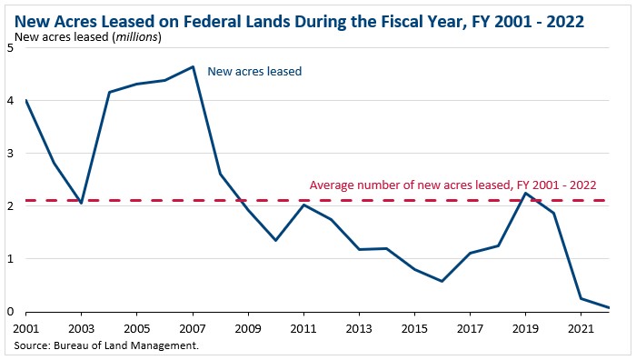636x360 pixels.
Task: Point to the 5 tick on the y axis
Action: tap(9, 48)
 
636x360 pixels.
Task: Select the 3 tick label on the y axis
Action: tap(9, 154)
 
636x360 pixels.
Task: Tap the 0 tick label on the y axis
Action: tap(9, 312)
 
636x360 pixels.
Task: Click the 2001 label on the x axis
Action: tap(26, 327)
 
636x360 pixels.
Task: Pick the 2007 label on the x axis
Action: tap(193, 327)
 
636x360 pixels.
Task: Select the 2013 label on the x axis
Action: tap(359, 327)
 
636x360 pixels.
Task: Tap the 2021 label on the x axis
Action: tap(581, 327)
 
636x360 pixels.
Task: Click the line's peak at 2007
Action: tap(193, 66)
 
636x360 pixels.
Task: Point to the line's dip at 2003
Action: tap(82, 203)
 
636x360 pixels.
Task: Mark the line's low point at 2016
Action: tap(442, 281)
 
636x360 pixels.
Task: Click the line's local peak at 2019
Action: tap(525, 193)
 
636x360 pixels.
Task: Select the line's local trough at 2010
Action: tap(275, 240)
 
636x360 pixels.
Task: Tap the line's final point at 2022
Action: tap(608, 307)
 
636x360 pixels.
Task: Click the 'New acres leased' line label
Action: tap(254, 70)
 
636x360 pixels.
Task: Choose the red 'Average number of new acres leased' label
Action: tap(450, 185)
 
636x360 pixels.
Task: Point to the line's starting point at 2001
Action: tap(26, 100)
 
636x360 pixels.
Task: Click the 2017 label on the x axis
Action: tap(470, 327)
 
